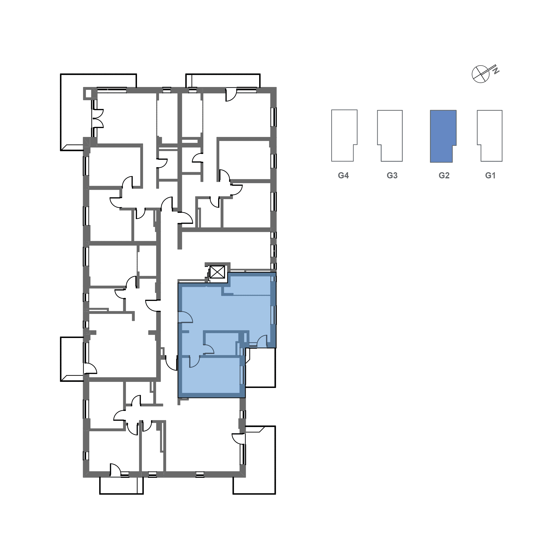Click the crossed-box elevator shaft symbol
tap(217, 272)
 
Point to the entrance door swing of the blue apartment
tap(185, 317)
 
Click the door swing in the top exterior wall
tap(231, 95)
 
